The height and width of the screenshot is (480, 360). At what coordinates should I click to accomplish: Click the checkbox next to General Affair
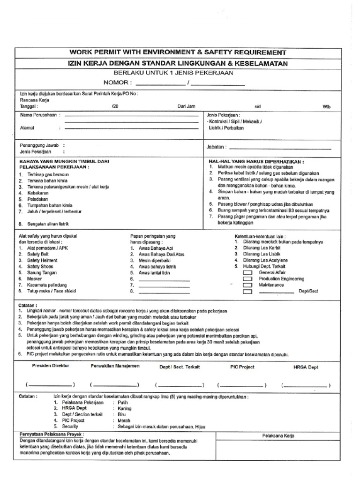(x=247, y=273)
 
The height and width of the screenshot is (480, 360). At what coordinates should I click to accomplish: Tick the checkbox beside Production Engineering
(x=247, y=279)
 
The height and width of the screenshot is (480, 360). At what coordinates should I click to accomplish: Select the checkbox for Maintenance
(x=247, y=285)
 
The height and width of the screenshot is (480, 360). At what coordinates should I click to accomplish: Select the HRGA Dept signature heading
(x=306, y=367)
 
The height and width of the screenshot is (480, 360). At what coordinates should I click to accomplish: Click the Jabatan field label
(x=216, y=147)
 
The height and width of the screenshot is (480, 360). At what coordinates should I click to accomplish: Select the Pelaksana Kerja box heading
(x=278, y=436)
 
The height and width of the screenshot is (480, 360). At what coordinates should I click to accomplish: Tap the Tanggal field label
(x=29, y=107)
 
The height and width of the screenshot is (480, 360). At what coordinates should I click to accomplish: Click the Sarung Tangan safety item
(x=41, y=272)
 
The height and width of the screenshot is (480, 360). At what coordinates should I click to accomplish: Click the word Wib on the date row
(x=326, y=107)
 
